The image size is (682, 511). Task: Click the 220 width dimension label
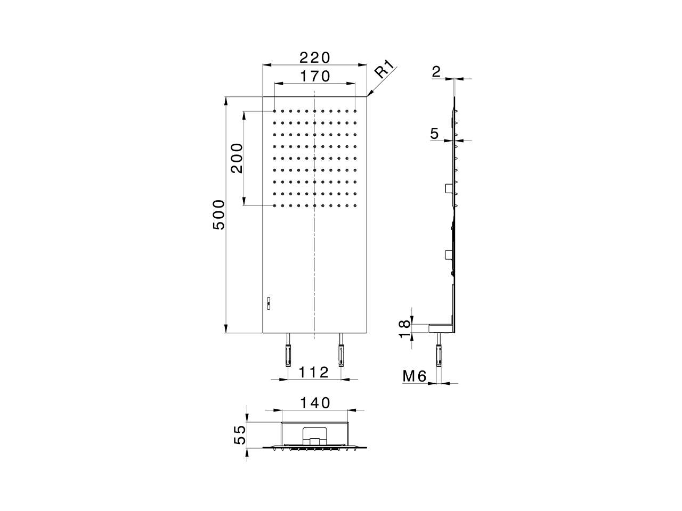coord(314,57)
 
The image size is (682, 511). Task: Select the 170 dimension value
coord(315,76)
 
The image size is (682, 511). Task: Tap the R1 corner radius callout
coord(384,69)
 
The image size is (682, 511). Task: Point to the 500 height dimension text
coord(219,215)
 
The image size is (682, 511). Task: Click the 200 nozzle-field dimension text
coord(237,158)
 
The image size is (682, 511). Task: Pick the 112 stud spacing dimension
coord(313,372)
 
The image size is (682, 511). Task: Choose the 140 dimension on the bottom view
coord(315,403)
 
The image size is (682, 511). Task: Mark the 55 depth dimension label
coord(240,435)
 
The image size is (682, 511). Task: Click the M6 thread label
coord(415,376)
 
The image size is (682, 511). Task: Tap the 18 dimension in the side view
coord(404,329)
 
